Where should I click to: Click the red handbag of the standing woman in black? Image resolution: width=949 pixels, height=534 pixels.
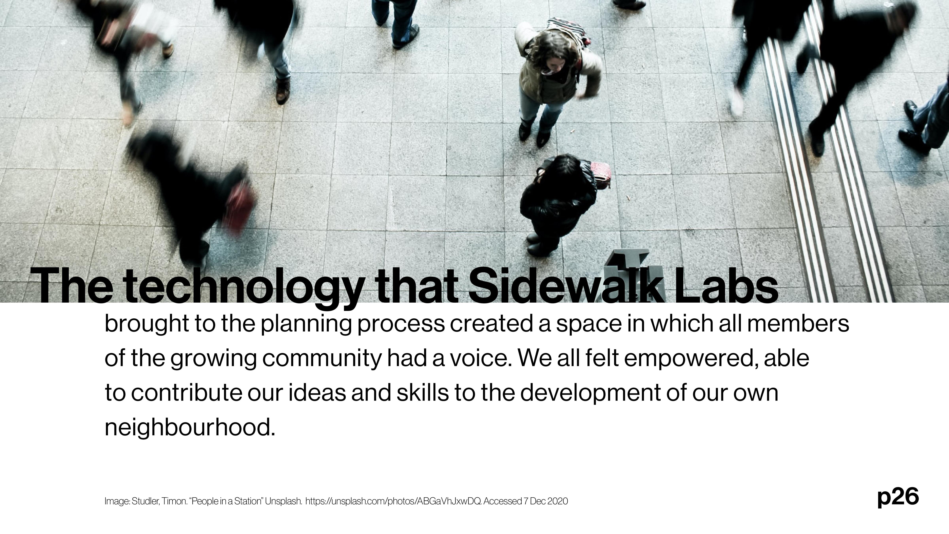[x=600, y=175]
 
